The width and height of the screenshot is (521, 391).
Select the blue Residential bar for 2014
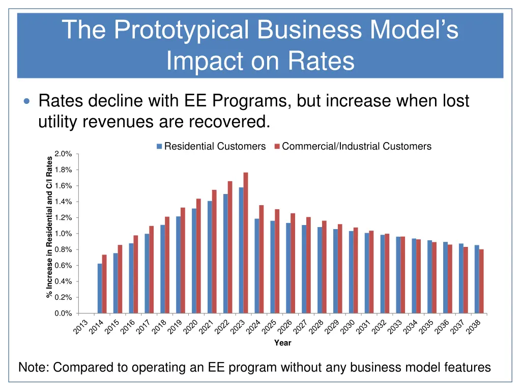[x=100, y=288]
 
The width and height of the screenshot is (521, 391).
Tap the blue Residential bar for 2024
[x=257, y=266]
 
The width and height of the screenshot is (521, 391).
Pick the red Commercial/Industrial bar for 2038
[x=481, y=281]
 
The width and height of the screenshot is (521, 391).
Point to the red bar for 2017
[x=151, y=269]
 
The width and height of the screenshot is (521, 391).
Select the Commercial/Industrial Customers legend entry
[x=356, y=147]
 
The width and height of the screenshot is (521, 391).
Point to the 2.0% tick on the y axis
[x=63, y=154]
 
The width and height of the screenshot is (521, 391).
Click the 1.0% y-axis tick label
[x=63, y=234]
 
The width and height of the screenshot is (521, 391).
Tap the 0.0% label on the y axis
[x=63, y=314]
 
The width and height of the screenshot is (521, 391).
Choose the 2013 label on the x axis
[x=81, y=327]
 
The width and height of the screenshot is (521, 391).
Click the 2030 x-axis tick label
[x=348, y=327]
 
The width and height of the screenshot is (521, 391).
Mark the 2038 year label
[x=474, y=327]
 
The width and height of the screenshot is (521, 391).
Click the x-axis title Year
[x=283, y=343]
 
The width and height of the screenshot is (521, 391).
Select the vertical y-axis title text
[x=49, y=227]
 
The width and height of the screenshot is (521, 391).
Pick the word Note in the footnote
[x=34, y=367]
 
